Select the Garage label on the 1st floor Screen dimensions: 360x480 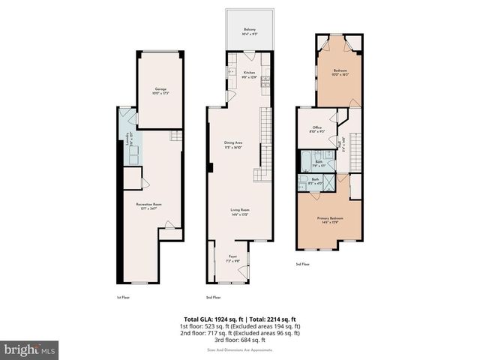click(x=160, y=89)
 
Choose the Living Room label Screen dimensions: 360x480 click(x=239, y=211)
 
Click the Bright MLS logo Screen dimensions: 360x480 click(x=30, y=349)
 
